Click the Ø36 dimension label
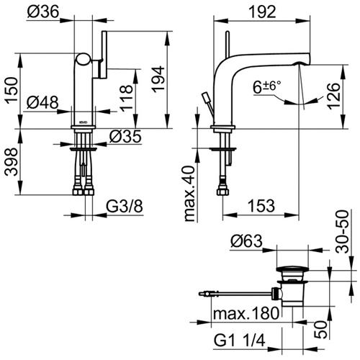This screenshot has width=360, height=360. pos(43,12)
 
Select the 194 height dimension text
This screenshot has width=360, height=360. pos(158,79)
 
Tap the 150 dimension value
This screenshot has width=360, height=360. pos(12,90)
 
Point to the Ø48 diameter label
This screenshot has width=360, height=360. pos(42,102)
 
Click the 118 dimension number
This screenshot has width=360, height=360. pos(126,98)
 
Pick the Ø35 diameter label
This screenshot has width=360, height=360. pos(125,137)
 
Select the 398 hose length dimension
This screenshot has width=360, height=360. pos(12,162)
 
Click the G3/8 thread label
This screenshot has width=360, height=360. pos(125,206)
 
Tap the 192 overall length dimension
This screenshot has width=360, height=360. pos(262,12)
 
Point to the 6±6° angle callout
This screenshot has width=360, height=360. pos(266,87)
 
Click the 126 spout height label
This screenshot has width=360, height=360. pos(334,96)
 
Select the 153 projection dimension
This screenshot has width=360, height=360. pos(261,206)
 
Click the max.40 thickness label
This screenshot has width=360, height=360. pos(190,194)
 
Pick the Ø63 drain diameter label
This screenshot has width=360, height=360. pos(246,241)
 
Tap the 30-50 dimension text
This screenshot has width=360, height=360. pos(342,232)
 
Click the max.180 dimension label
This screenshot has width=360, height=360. pos(246,313)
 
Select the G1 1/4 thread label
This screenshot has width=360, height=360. pos(240,341)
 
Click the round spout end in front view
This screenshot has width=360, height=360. pos(84,59)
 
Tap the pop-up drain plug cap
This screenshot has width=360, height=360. pos(292,269)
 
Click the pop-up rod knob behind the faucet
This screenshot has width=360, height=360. pos(206,97)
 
